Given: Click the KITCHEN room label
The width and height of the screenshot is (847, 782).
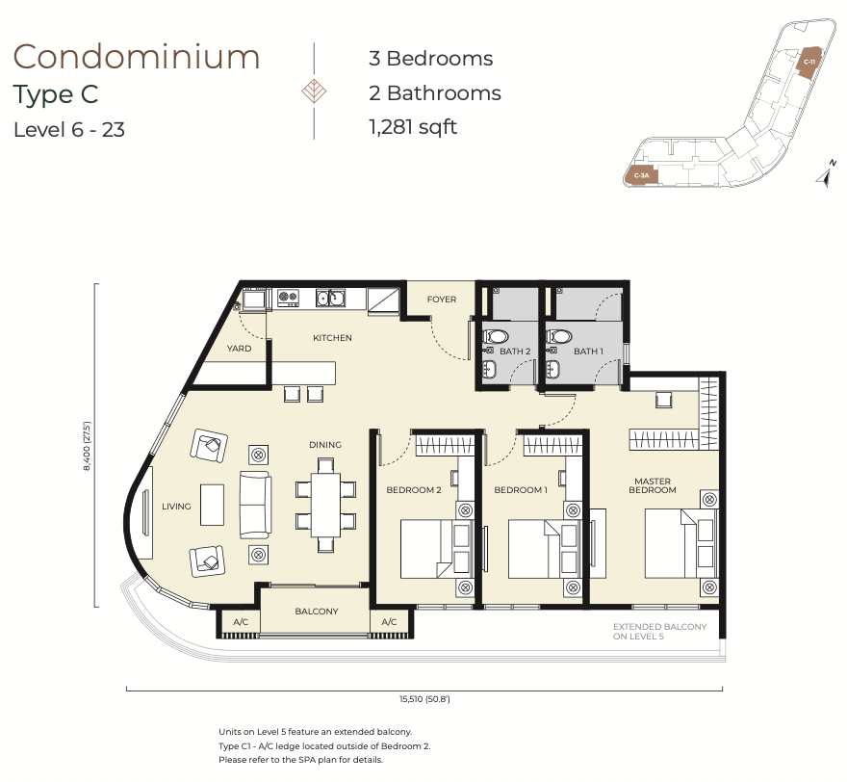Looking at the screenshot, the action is [332, 338].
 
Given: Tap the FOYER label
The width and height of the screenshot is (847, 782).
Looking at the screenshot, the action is [442, 299].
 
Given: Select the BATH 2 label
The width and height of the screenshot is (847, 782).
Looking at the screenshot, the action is [515, 352].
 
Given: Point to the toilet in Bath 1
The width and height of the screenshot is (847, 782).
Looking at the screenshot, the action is [559, 337].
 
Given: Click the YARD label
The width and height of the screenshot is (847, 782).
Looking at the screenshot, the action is [239, 349].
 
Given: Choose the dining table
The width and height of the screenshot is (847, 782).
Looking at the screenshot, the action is [325, 505].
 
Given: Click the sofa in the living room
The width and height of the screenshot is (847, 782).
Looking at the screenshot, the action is [255, 505].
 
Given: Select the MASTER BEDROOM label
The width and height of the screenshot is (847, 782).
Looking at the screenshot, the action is [653, 485].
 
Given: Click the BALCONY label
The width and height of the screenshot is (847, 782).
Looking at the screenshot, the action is [317, 612].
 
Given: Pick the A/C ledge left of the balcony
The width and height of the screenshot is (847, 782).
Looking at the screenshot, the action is [241, 622].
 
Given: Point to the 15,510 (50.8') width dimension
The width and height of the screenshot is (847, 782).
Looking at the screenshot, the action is [424, 699].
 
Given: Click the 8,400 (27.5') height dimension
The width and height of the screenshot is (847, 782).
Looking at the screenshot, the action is [87, 446].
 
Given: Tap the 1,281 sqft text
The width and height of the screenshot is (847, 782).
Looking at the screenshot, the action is [413, 127].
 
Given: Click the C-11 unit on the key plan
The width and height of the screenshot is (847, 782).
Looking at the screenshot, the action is [808, 63].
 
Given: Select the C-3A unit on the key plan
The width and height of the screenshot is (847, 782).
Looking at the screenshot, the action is [641, 175].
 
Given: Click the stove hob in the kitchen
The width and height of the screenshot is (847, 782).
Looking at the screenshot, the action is [288, 298].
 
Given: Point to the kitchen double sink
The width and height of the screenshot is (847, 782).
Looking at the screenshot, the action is [330, 298].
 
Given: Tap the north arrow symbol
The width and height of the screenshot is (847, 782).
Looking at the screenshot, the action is [826, 174].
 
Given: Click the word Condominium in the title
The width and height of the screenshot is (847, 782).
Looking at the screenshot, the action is [137, 57].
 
